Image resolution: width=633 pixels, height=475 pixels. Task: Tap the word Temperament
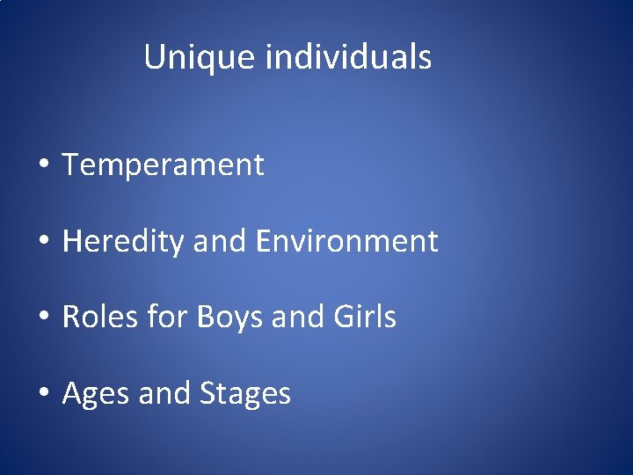tap(163, 164)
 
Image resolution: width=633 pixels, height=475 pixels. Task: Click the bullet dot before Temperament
tap(42, 165)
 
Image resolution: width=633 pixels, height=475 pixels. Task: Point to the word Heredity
tap(122, 242)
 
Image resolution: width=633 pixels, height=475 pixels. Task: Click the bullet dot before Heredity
tap(42, 242)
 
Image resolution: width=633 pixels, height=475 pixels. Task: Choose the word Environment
tap(346, 241)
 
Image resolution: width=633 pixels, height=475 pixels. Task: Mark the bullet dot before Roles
tap(42, 318)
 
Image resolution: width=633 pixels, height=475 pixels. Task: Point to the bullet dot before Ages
tap(42, 394)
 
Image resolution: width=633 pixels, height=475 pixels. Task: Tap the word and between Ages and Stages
tap(164, 393)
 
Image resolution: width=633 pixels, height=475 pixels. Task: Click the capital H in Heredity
tap(72, 242)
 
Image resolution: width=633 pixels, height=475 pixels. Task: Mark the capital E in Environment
tap(265, 241)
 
